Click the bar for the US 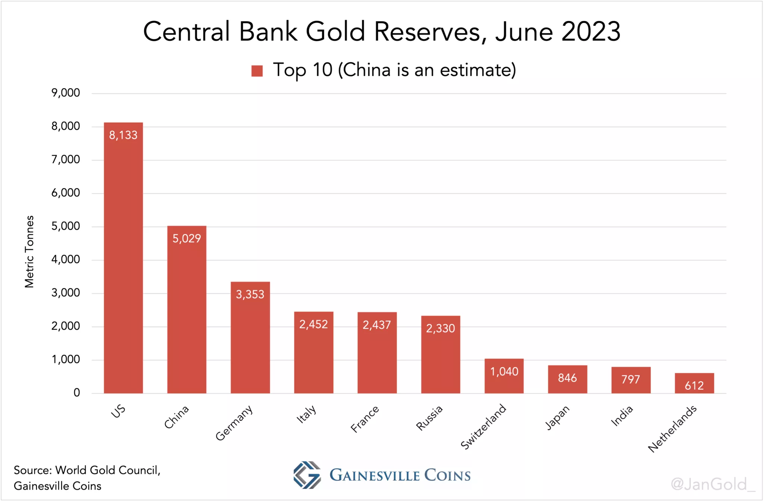pos(123,261)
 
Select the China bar pos(187,314)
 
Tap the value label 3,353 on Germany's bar pos(250,294)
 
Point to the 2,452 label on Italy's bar pos(313,324)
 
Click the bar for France pos(377,358)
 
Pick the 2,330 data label pos(441,328)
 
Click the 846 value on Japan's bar pos(567,378)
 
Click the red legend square pos(257,71)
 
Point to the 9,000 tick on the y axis pos(66,93)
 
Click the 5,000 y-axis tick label pos(66,226)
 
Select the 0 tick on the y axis pos(76,393)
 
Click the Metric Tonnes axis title pos(29,252)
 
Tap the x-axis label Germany pos(234,423)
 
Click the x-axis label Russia pos(429,418)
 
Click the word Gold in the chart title pos(335,31)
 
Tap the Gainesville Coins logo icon pos(307,475)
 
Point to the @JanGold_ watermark pos(712,484)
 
